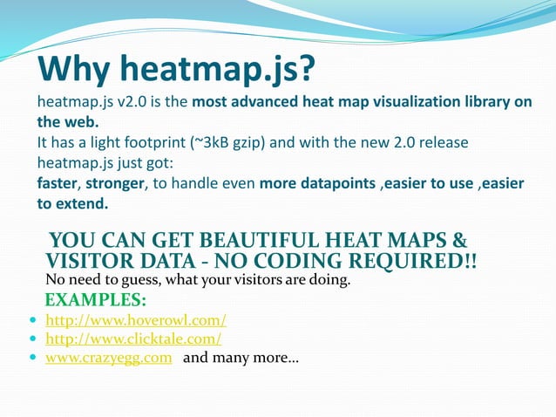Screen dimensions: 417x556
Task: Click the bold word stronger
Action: (116, 183)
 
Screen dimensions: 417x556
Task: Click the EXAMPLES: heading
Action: (95, 302)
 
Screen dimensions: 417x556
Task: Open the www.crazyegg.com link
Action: (108, 358)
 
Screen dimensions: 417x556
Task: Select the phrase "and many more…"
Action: (241, 358)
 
